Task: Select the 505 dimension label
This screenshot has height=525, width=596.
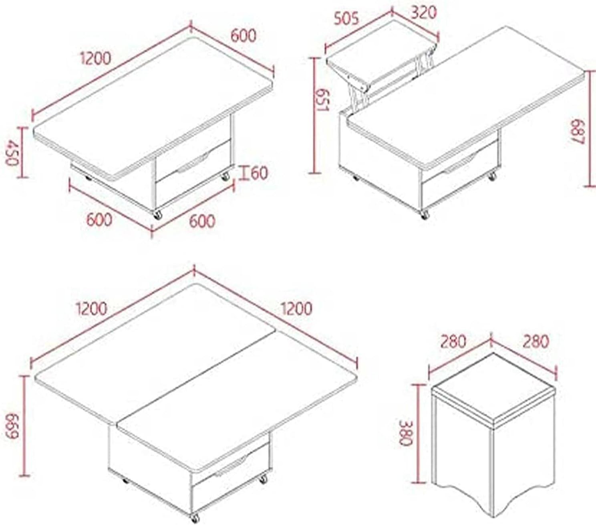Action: tap(346, 18)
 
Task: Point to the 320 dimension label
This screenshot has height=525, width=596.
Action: tap(423, 13)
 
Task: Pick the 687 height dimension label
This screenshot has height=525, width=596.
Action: tap(577, 132)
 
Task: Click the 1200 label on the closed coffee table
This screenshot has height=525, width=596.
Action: tap(96, 58)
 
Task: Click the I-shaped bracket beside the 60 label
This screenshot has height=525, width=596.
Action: tap(244, 173)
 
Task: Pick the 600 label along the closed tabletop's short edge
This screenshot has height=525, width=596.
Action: tap(243, 36)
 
